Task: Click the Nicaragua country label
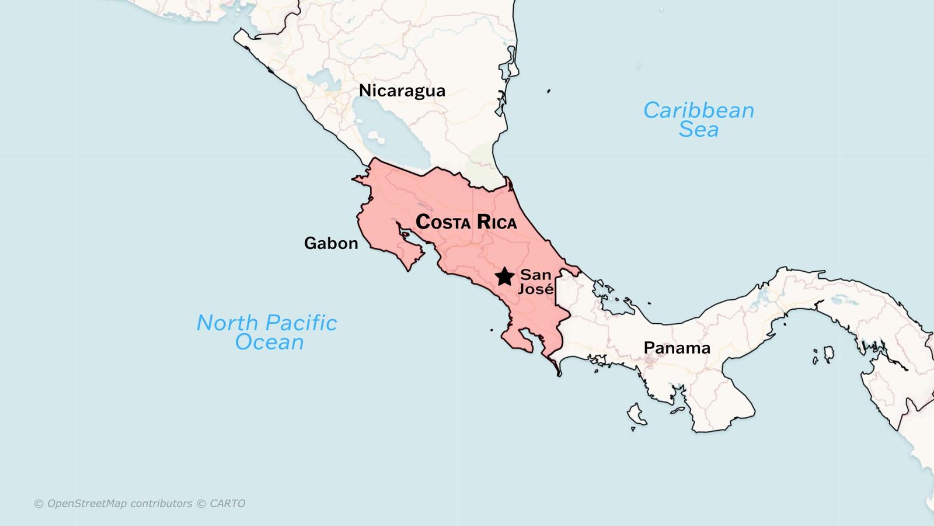point(402,91)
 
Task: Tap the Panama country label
point(677,348)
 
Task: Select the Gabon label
point(331,243)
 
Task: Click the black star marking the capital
point(504,276)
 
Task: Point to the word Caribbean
point(699,110)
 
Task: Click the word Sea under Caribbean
point(698,130)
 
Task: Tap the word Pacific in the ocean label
point(301,323)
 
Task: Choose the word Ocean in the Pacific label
point(269,342)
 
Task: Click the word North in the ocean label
point(227,323)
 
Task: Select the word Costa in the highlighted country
point(443,222)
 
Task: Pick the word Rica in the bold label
point(497,222)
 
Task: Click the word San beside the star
point(535,275)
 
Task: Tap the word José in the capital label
point(536,289)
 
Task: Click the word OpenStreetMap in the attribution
point(87,503)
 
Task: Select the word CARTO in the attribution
point(227,503)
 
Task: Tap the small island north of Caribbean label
point(549,91)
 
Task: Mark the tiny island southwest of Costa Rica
point(492,330)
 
